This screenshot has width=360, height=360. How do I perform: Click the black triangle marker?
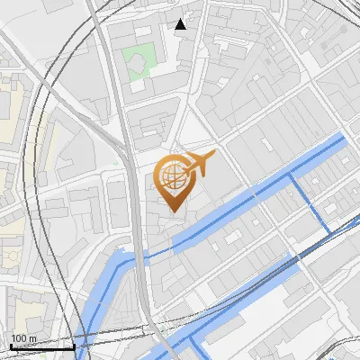(181, 24)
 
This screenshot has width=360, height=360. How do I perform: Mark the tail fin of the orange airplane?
(184, 157)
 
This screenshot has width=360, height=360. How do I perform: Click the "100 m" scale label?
(23, 338)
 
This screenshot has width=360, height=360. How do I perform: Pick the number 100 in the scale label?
(19, 338)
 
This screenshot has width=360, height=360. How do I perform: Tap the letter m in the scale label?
(33, 338)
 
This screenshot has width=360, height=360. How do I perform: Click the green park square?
(139, 63)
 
